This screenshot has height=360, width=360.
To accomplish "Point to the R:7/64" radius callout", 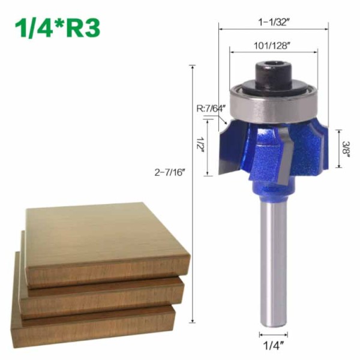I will point(211,109).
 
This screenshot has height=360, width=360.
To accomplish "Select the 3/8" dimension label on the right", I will point(347,148).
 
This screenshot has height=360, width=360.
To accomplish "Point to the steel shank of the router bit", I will point(273,258).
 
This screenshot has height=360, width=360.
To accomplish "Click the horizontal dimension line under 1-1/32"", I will point(273,28).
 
